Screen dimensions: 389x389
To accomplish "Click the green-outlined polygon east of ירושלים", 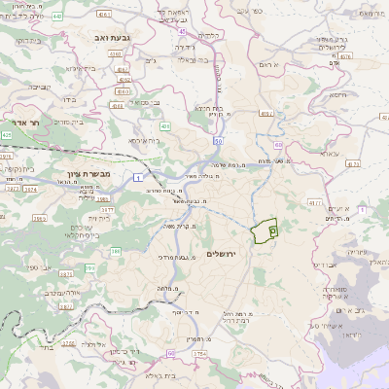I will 264,231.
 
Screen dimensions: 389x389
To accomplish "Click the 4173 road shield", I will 352,164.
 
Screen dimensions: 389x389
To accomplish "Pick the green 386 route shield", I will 115,251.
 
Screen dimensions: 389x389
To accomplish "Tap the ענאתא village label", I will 327,154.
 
